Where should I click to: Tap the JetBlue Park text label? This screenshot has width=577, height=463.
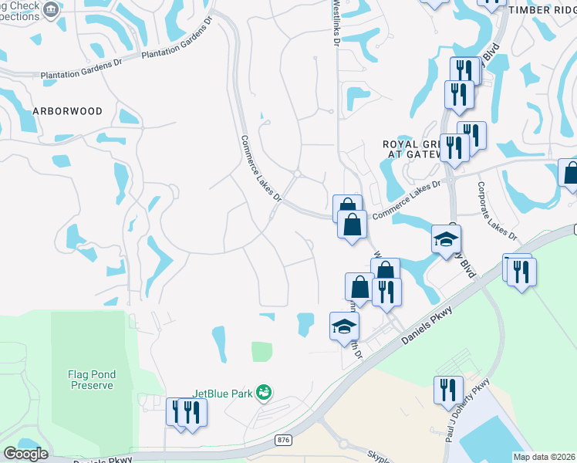(223, 394)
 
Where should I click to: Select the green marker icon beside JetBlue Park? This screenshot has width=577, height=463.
(264, 393)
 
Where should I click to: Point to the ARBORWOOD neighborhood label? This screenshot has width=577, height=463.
(67, 111)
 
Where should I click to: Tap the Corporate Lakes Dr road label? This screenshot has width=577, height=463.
(496, 210)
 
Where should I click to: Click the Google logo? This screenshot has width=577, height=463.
(25, 454)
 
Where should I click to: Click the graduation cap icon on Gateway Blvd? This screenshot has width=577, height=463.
(446, 238)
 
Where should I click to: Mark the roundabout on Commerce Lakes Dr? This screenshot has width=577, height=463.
(297, 174)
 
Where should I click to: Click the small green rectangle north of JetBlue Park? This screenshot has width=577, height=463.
(262, 352)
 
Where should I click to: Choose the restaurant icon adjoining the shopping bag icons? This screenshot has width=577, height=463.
(386, 291)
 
